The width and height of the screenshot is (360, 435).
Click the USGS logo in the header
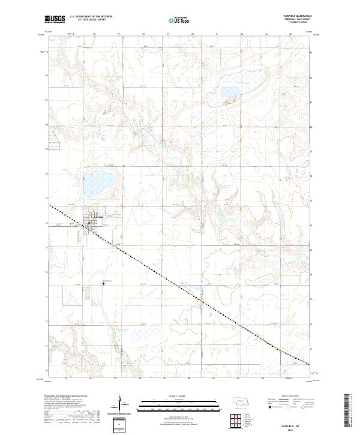click(55, 20)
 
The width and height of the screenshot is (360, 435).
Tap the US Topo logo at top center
click(179, 21)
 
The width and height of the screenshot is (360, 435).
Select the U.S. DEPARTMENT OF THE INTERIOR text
click(91, 16)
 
